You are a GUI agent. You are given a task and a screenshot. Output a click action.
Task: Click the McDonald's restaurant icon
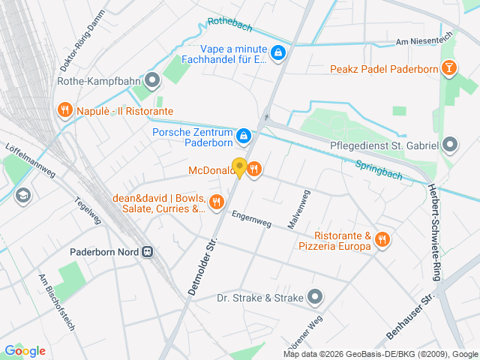254,169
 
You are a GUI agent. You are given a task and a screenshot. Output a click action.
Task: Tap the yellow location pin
239,167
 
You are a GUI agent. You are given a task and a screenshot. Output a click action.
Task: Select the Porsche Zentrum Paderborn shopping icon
244,136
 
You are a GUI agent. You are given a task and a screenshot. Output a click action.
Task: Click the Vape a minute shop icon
278,52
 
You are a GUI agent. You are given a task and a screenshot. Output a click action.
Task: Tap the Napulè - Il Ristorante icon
65,111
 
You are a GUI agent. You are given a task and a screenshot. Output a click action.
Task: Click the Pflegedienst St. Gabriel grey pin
450,144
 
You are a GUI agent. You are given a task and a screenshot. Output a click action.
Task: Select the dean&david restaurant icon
217,201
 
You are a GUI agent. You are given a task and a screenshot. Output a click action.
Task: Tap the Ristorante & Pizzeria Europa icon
382,239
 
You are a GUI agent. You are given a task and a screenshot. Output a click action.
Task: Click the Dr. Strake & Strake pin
315,298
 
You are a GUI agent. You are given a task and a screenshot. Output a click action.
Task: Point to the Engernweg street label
251,217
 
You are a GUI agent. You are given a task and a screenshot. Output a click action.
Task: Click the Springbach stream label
378,171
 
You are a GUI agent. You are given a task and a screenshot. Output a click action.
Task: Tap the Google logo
25,350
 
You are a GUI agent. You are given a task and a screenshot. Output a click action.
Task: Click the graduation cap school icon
22,195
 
